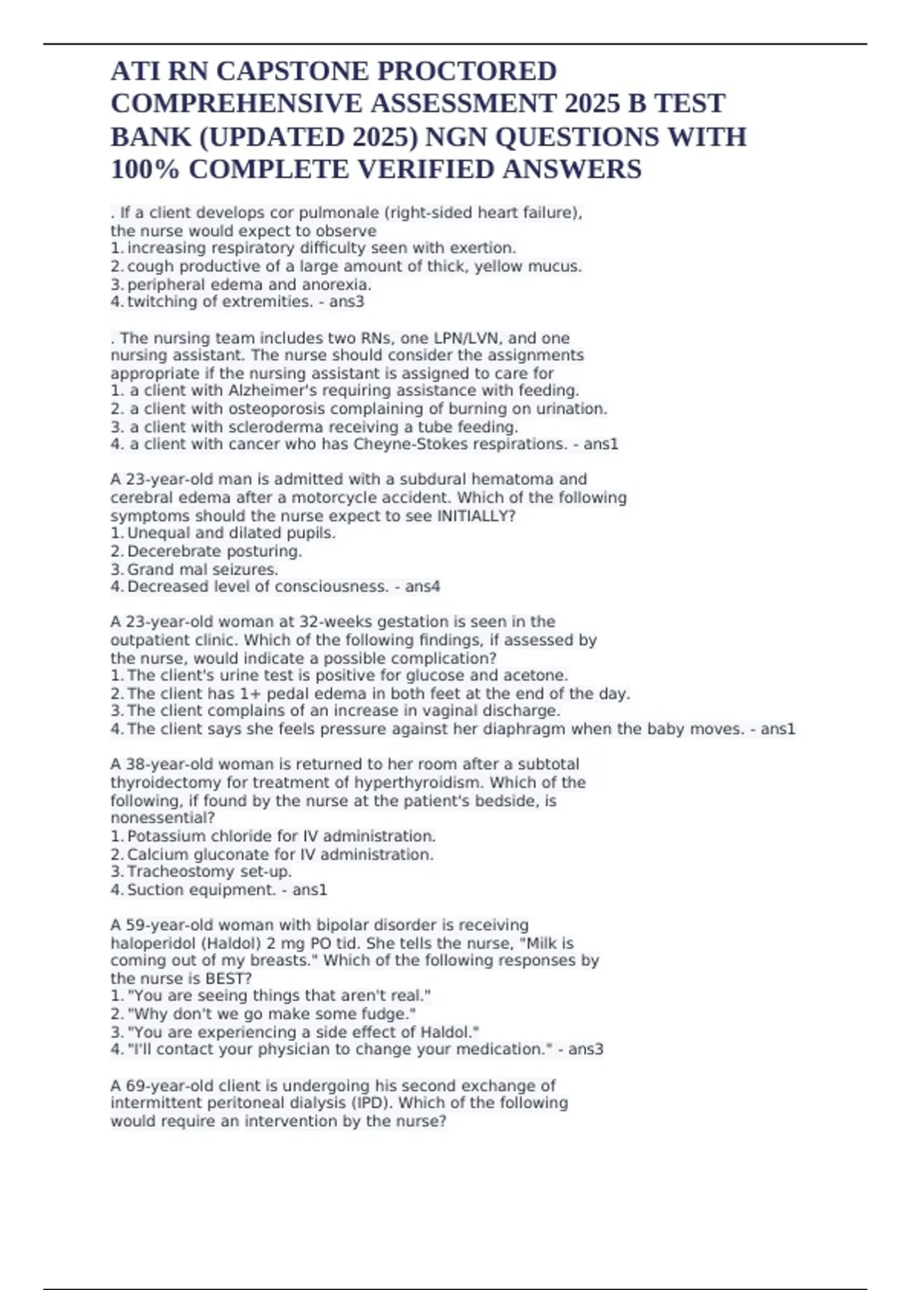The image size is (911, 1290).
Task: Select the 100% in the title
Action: (145, 169)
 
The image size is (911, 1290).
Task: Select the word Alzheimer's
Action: (266, 390)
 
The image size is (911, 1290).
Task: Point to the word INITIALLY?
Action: (476, 516)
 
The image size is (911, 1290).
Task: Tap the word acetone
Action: (534, 675)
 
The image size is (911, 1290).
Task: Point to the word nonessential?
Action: (162, 818)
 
